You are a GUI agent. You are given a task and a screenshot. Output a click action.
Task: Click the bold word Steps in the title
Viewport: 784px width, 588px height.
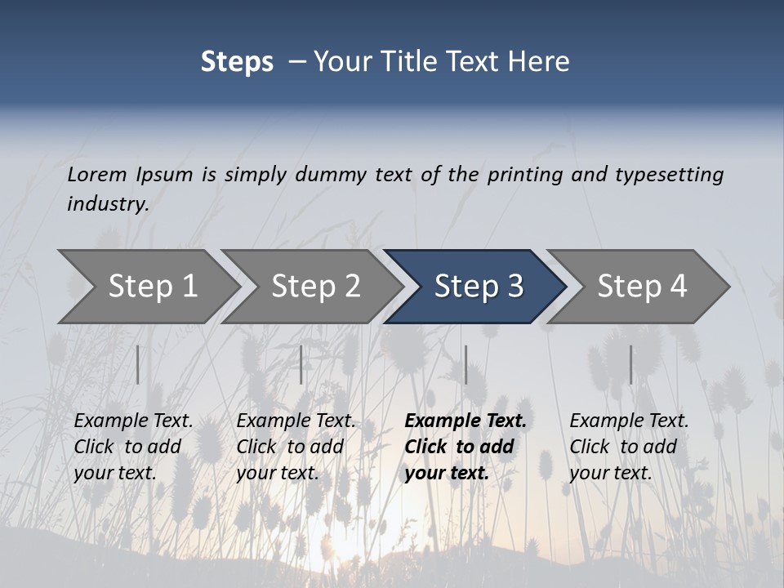pos(237,62)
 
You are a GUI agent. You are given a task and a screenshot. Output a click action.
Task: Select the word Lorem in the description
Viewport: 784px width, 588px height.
pos(97,174)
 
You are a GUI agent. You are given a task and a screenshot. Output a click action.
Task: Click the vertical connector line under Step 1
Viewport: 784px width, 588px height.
pos(137,364)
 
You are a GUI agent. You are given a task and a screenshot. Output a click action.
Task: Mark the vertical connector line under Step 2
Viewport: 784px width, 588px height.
pos(301,364)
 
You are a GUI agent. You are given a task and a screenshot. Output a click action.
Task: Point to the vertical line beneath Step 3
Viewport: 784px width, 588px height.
pos(465,364)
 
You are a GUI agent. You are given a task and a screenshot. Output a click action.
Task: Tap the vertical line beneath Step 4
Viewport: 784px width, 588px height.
pos(630,364)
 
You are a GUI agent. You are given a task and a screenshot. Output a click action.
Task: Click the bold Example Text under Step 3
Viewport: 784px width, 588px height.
pos(465,421)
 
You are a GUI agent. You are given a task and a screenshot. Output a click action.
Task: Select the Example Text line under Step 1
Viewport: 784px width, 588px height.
pos(133,421)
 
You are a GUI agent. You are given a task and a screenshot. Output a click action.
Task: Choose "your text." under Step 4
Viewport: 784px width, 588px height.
pos(610,473)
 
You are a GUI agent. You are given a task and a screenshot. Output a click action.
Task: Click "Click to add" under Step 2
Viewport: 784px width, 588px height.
pos(290,447)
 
